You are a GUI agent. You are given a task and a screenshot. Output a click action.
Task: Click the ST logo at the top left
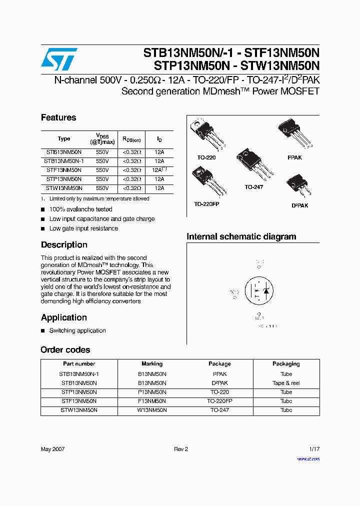click(59, 59)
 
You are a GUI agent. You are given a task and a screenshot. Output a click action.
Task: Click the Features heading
click(58, 117)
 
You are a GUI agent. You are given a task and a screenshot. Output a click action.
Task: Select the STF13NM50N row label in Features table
click(63, 170)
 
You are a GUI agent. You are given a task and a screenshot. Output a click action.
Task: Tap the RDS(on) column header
click(132, 139)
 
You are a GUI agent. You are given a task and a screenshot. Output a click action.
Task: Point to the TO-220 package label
click(206, 157)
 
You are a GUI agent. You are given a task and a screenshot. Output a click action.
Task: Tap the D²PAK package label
click(299, 205)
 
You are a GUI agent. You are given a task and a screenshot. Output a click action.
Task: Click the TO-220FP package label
click(206, 204)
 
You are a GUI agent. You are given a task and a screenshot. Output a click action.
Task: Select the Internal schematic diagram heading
click(241, 236)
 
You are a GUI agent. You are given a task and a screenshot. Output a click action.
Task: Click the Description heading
click(64, 244)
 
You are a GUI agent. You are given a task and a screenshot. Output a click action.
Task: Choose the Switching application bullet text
click(77, 330)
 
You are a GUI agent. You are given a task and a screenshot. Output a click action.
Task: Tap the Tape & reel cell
click(286, 383)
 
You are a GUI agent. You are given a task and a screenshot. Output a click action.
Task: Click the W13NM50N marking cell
click(152, 410)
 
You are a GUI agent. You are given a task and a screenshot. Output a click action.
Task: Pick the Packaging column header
click(286, 364)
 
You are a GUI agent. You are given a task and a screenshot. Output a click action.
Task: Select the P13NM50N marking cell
click(152, 392)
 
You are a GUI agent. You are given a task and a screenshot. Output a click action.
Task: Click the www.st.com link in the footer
click(308, 459)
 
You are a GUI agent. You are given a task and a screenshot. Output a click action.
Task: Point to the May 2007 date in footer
click(52, 449)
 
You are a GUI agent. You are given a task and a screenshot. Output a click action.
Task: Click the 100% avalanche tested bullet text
click(80, 209)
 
